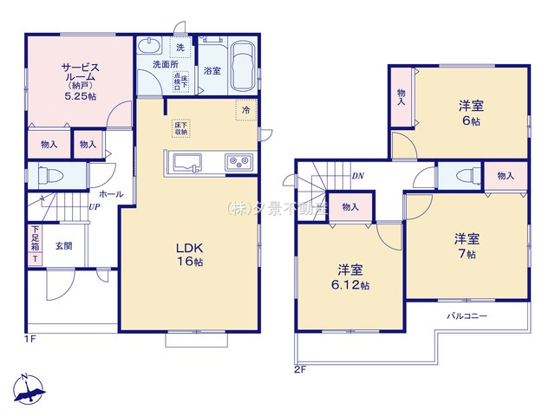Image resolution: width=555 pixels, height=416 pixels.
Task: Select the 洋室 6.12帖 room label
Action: point(349,276)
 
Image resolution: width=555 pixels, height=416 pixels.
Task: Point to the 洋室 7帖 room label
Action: point(467,245)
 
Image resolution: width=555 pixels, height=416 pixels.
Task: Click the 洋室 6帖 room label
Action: point(472,114)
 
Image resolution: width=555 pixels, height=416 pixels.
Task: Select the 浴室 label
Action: point(212,72)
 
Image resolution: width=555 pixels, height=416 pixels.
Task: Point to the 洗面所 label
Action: point(165,63)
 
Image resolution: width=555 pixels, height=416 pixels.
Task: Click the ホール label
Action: point(111,194)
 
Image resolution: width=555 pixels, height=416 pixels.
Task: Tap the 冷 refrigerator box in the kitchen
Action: point(245,110)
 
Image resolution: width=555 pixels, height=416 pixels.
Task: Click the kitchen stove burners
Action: point(238,161)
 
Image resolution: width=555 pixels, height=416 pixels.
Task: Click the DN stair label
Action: point(358,177)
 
